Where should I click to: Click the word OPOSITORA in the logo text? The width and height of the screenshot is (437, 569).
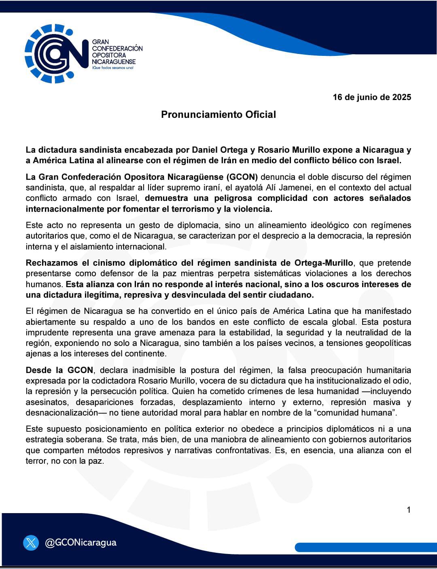(109, 55)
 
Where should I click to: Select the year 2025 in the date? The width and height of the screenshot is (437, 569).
(401, 97)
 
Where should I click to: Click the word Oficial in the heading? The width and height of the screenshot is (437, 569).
(260, 115)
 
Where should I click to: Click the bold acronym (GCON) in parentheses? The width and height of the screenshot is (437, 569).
(242, 177)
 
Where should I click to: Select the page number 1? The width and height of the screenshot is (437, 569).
(409, 510)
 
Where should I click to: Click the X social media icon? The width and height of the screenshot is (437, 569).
(31, 543)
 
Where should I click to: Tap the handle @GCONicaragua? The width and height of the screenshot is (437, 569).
(81, 543)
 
